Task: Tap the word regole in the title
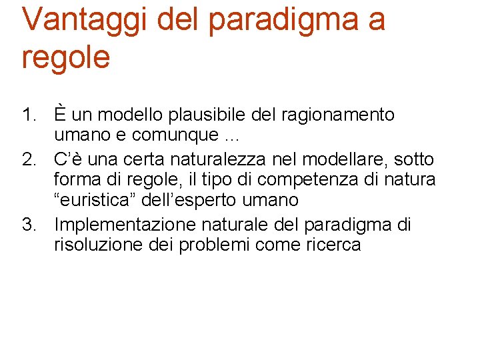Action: coord(65,57)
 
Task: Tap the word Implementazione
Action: coord(125,225)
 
